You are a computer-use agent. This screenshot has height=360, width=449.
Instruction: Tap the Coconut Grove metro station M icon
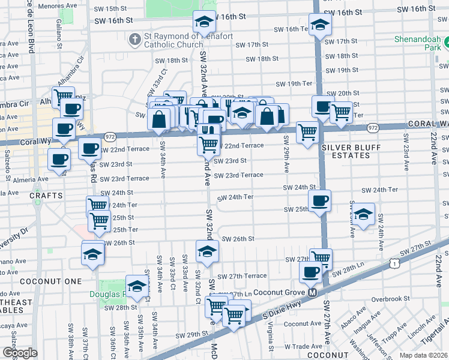click(312, 293)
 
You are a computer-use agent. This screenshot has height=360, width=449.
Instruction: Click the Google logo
click(20, 353)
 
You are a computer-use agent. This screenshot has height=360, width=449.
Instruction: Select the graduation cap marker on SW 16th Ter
click(319, 25)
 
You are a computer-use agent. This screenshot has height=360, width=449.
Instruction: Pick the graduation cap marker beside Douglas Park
click(137, 286)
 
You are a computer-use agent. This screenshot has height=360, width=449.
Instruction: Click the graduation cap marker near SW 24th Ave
click(363, 215)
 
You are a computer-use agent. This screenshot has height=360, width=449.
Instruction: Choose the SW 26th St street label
click(238, 239)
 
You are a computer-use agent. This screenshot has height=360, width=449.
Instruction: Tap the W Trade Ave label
click(304, 347)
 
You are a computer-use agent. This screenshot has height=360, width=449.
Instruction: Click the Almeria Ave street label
click(31, 179)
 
